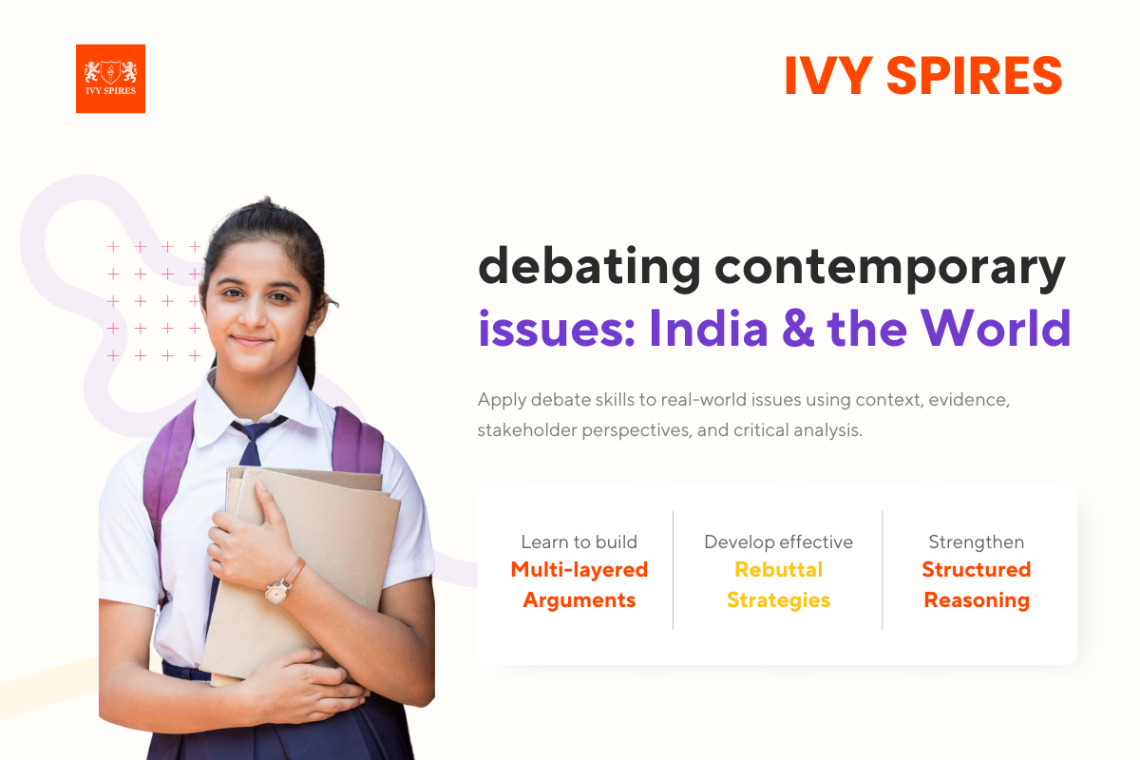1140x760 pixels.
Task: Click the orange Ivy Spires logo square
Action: (x=110, y=79)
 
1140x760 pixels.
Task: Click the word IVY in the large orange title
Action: (x=826, y=76)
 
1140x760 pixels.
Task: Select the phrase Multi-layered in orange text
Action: (x=579, y=570)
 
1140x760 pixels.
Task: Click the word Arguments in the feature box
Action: (x=579, y=600)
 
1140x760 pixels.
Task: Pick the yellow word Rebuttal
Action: (x=778, y=570)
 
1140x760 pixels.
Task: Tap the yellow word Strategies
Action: (x=778, y=600)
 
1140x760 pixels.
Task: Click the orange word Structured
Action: (x=976, y=570)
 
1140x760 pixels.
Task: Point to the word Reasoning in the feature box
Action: (x=976, y=600)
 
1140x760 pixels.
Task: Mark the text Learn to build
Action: (x=579, y=542)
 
